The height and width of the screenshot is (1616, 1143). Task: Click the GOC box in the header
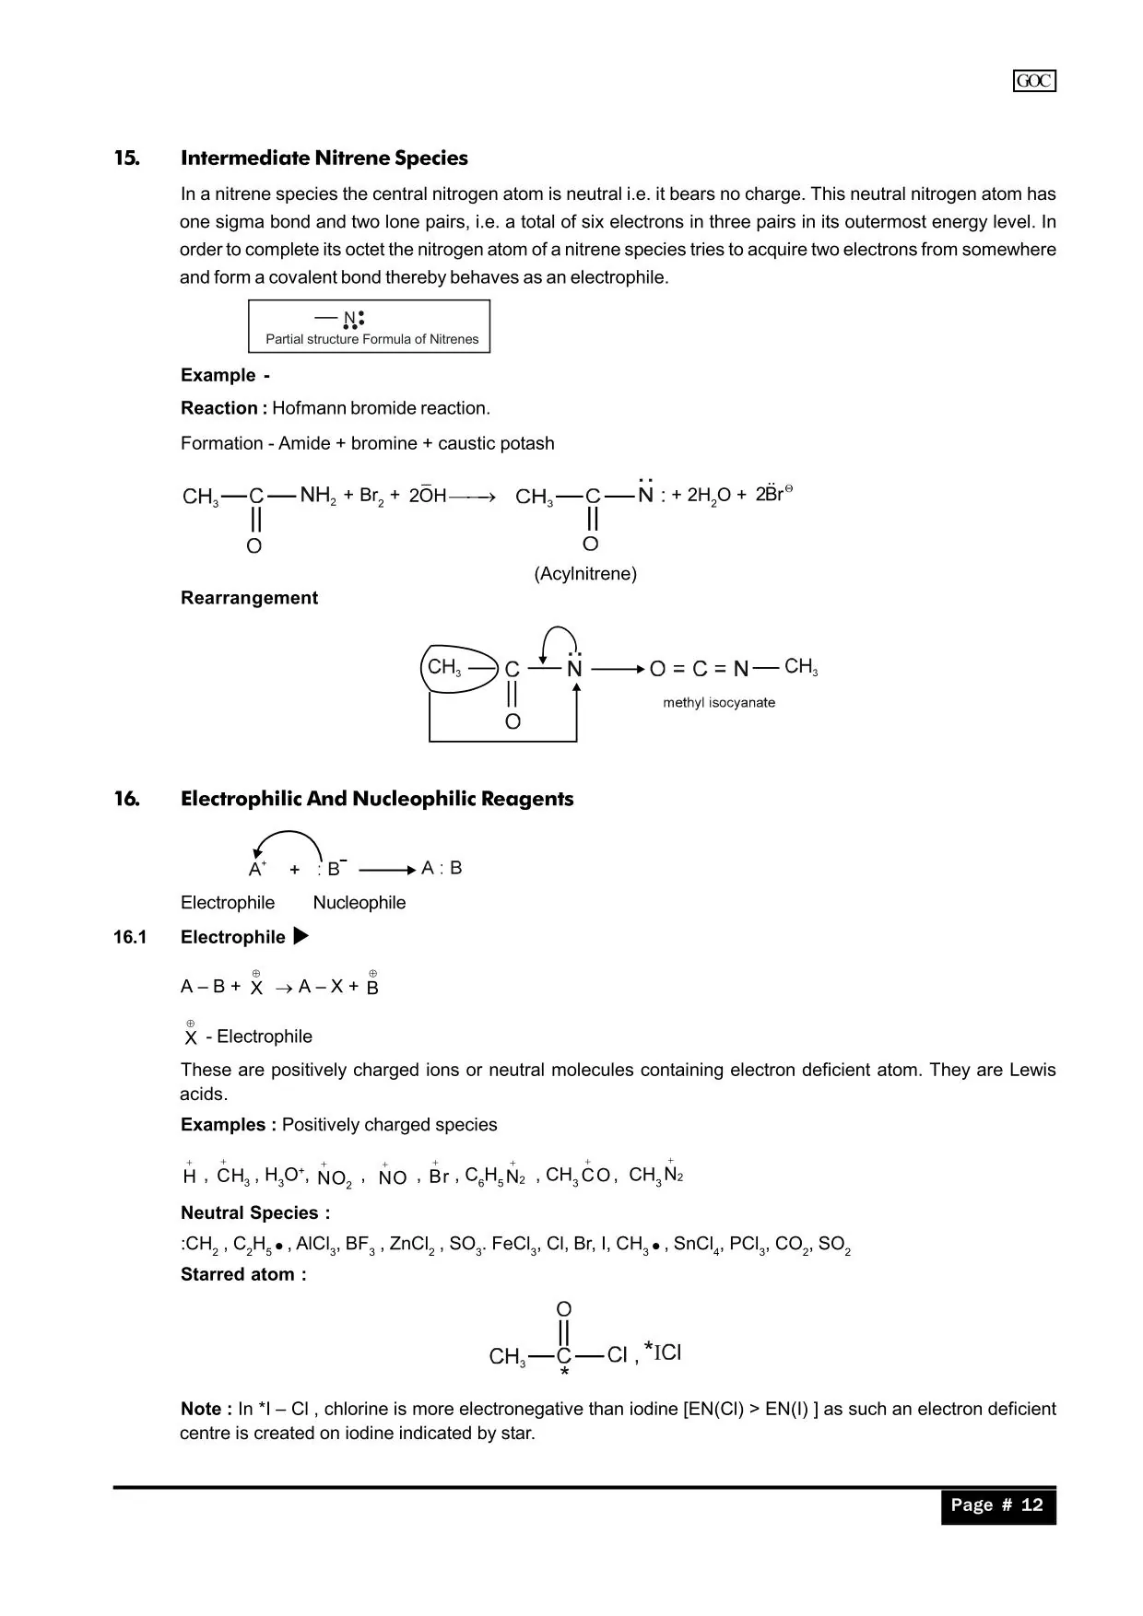tap(1034, 81)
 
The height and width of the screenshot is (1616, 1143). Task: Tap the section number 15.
tap(127, 158)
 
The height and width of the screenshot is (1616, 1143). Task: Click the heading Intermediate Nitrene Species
tap(324, 158)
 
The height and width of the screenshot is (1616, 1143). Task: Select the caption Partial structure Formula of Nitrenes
tap(371, 339)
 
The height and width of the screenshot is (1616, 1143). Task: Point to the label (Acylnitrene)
tap(585, 574)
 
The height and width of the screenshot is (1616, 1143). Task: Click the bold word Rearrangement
tap(249, 598)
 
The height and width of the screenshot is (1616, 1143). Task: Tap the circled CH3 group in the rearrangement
tap(445, 667)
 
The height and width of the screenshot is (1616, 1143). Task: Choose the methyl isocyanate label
tap(719, 702)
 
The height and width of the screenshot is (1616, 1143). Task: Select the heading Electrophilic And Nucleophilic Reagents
tap(376, 799)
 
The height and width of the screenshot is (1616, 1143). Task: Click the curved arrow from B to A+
tap(287, 837)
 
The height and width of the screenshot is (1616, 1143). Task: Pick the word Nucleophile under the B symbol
tap(359, 903)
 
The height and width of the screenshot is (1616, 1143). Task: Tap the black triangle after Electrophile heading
tap(300, 937)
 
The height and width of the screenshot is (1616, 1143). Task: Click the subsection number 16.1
tap(130, 938)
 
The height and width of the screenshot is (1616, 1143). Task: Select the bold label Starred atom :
tap(243, 1275)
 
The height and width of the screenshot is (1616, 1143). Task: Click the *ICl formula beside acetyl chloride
tap(663, 1353)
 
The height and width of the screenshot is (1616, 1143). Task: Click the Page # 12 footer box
tap(997, 1505)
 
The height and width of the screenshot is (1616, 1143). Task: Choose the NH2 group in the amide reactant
tap(318, 496)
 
